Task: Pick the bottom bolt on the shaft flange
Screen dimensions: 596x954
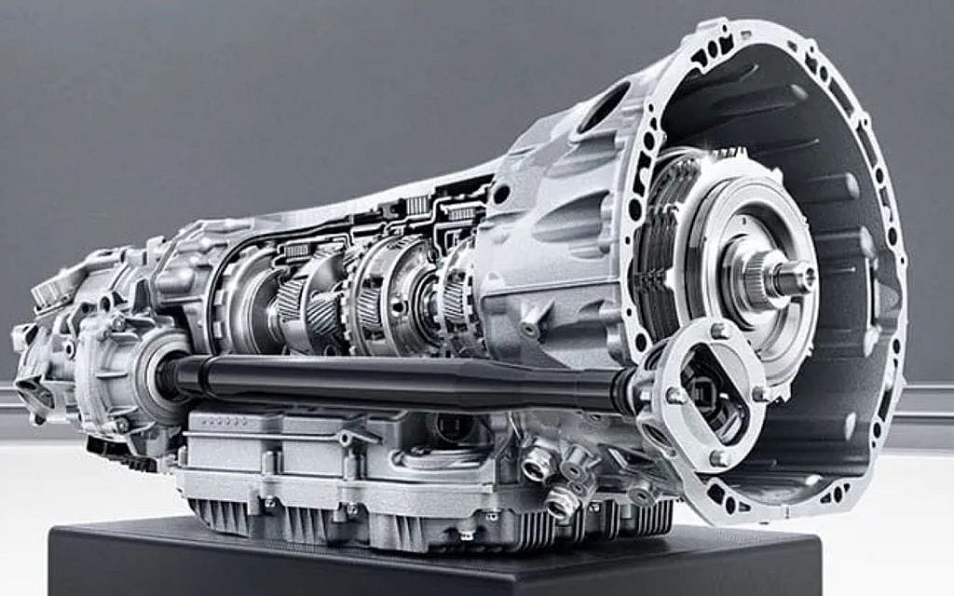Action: click(718, 457)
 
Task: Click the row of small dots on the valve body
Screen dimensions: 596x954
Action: click(221, 422)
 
